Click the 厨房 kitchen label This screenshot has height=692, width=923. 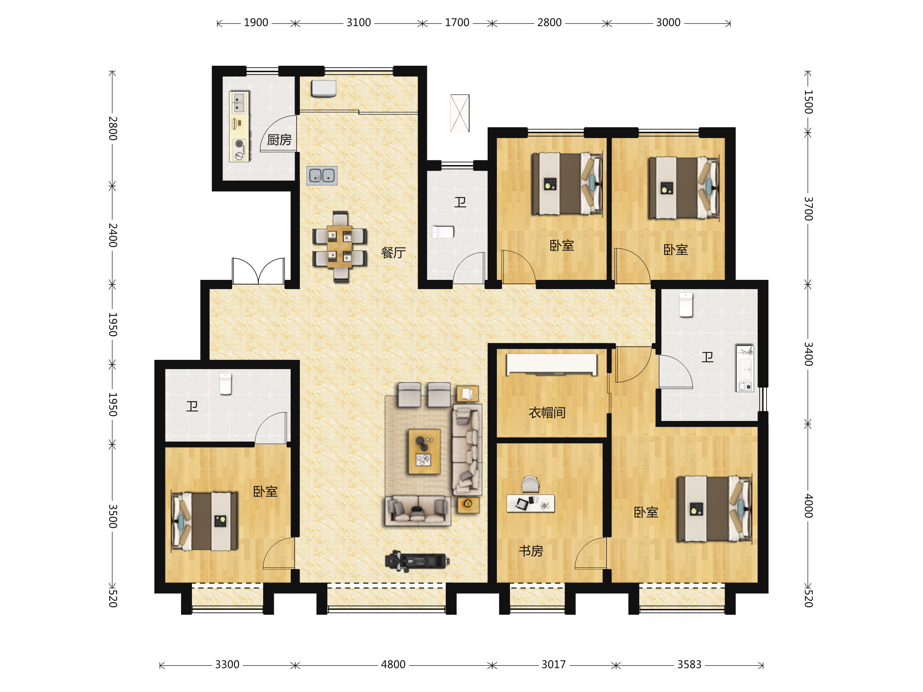(x=279, y=140)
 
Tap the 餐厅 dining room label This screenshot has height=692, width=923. (x=393, y=252)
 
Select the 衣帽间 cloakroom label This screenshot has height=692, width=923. (x=547, y=413)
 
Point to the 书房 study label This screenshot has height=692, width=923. (x=531, y=551)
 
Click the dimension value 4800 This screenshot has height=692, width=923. (x=393, y=664)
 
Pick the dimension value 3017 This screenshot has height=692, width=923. (x=554, y=664)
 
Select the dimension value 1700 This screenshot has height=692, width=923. (x=457, y=23)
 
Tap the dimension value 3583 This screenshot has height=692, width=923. (x=689, y=664)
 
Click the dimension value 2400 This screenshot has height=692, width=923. (x=113, y=235)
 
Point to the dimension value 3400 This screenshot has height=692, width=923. (x=808, y=354)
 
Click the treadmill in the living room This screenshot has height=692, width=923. (x=417, y=561)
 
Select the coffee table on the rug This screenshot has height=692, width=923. (x=424, y=452)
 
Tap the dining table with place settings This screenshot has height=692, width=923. (x=340, y=246)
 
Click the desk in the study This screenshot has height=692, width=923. (x=530, y=503)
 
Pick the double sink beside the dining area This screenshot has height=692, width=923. (x=322, y=176)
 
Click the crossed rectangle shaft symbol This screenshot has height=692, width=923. (x=460, y=113)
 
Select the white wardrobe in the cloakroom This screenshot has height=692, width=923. (x=551, y=364)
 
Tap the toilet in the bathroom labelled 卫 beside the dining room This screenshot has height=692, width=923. (x=443, y=232)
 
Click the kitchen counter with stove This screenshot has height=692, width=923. (x=239, y=126)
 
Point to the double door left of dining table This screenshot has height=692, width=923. (x=258, y=271)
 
